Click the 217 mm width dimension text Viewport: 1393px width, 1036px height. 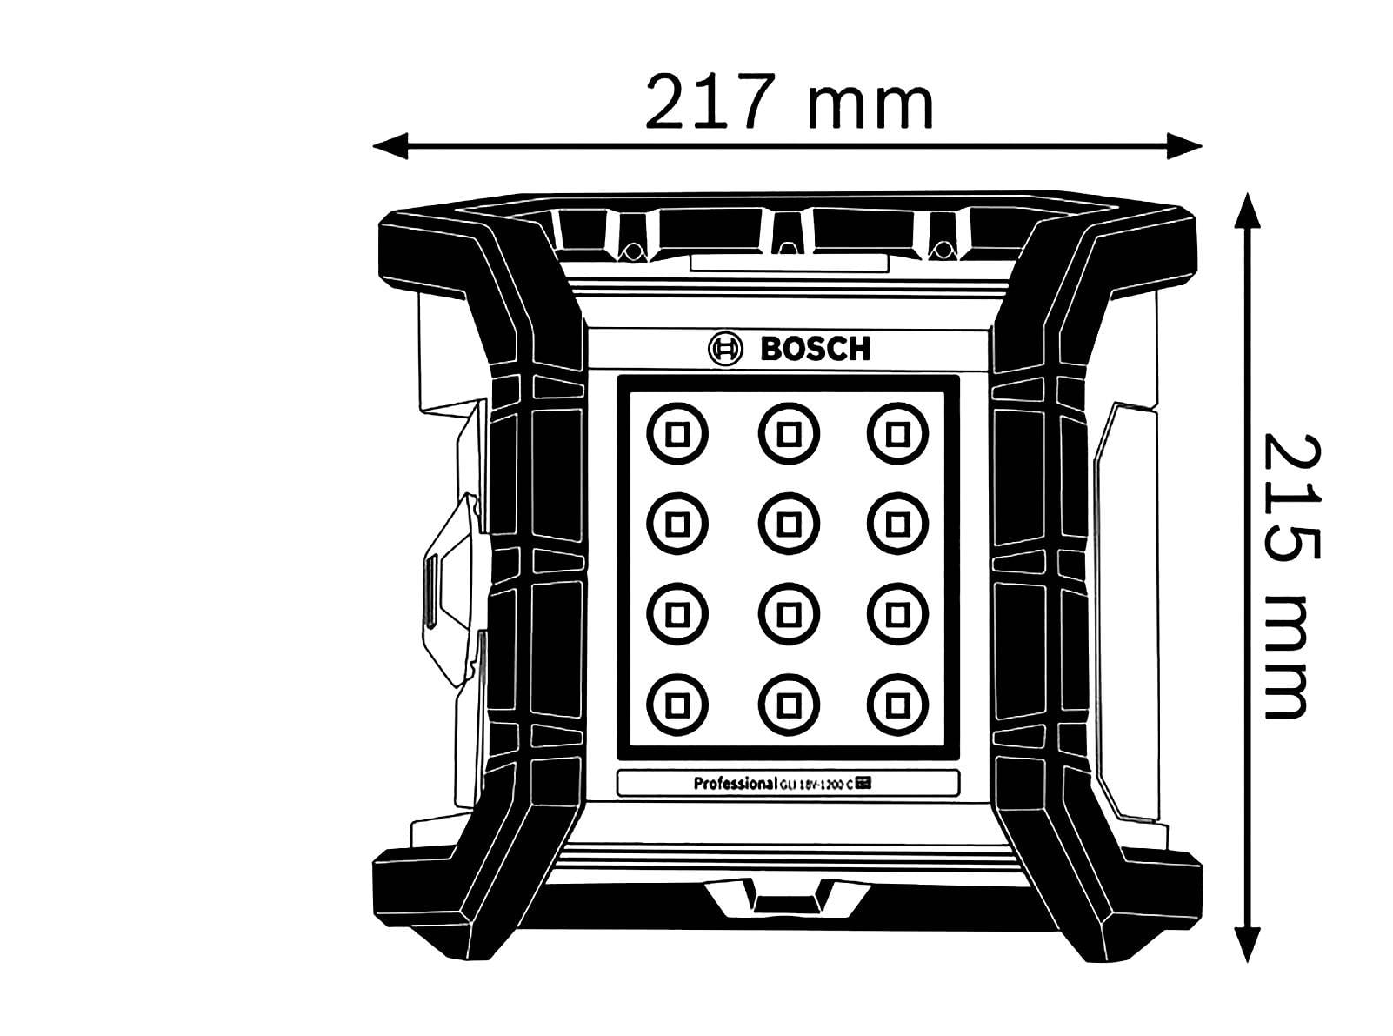(x=789, y=104)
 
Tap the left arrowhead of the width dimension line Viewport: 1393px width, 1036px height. (x=390, y=145)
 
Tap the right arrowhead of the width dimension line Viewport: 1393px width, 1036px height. (x=1184, y=145)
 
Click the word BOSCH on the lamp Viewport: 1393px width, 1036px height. (x=815, y=350)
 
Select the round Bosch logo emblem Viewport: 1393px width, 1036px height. (x=728, y=350)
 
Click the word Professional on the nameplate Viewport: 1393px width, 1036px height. (x=734, y=783)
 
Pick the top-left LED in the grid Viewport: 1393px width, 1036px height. (x=677, y=433)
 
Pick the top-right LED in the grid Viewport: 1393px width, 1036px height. (x=897, y=433)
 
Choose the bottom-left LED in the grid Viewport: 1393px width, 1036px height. (x=677, y=703)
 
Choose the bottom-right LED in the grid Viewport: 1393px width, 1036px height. (x=897, y=703)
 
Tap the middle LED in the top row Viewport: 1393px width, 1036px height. (x=789, y=433)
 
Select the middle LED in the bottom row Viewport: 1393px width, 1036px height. (x=789, y=703)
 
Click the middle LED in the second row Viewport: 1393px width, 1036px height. (x=789, y=523)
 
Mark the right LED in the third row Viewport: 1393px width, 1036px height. (x=897, y=614)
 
